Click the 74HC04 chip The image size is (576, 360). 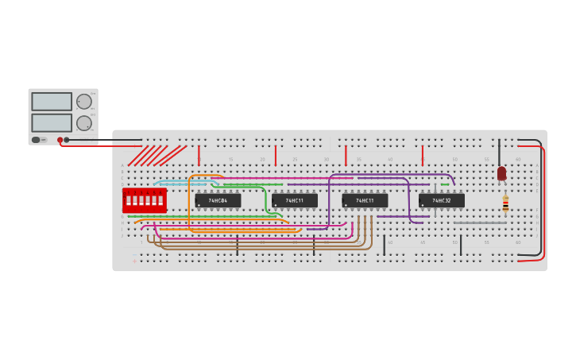[218, 201]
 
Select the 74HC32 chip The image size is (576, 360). [442, 201]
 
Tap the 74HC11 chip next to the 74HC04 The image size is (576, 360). [294, 201]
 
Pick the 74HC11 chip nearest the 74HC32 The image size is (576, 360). [365, 201]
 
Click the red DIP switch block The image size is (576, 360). [145, 200]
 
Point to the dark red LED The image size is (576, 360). [501, 172]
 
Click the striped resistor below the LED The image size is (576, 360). [505, 204]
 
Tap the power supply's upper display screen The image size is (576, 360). [52, 102]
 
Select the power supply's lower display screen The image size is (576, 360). [52, 122]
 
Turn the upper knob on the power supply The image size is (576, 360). [83, 102]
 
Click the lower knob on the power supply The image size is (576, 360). [83, 123]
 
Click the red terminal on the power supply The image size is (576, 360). [60, 140]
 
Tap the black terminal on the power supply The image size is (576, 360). [67, 140]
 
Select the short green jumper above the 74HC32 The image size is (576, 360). [445, 184]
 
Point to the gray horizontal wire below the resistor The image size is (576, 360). [480, 223]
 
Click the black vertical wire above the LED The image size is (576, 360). [499, 152]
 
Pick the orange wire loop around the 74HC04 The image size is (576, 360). [190, 203]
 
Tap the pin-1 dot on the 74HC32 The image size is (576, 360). [423, 206]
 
